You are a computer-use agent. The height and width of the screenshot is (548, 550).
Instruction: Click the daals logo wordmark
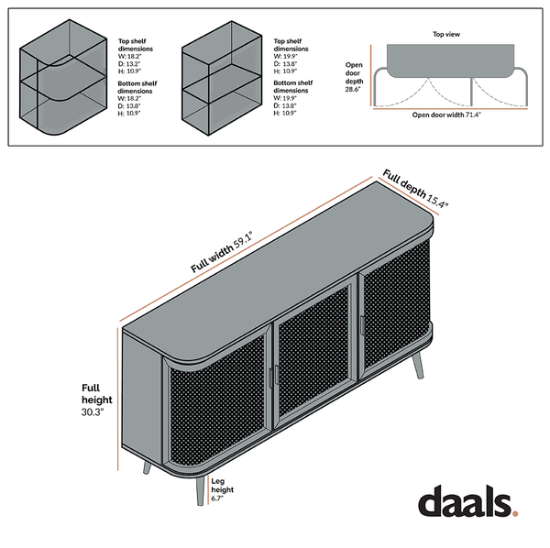point(465,500)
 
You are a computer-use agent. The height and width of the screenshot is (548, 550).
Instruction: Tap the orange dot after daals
point(515,514)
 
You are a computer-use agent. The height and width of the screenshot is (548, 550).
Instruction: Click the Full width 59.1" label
point(222,252)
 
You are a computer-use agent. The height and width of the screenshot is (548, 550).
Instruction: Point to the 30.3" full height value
point(93,412)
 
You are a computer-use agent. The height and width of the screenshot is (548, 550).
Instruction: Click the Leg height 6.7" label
point(222,489)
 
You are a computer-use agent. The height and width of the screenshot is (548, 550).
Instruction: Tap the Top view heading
point(446,34)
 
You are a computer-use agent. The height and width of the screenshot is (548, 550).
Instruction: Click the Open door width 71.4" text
point(446,115)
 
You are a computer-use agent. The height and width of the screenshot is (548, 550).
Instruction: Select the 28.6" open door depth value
point(353,89)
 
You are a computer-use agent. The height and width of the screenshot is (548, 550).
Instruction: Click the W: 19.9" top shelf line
point(285,57)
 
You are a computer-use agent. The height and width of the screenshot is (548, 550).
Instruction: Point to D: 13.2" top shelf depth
point(129,64)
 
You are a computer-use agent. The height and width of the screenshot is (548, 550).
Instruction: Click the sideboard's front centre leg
point(200,491)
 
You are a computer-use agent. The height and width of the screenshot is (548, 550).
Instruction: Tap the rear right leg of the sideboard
point(418,366)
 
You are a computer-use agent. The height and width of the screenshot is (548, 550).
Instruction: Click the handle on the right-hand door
point(361,325)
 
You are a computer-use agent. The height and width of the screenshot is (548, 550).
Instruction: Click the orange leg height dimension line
point(209,489)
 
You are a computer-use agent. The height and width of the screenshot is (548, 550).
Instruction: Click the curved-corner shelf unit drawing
point(63,78)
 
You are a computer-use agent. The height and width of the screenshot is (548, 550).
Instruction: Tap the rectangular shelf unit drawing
point(222,78)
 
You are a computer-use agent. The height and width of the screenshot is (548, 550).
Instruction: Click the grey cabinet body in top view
point(450,61)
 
